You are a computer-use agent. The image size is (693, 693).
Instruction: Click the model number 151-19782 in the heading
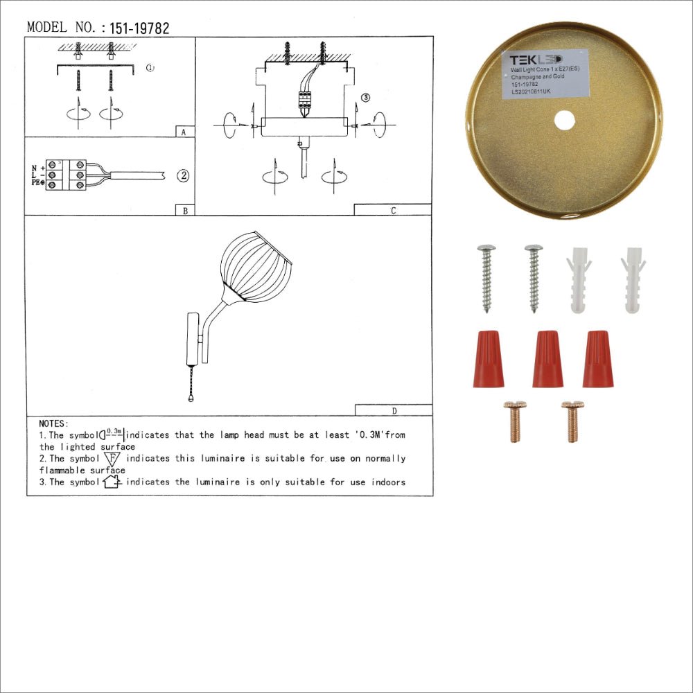[x=139, y=28]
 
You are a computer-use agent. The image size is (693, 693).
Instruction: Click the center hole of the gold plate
[x=564, y=120]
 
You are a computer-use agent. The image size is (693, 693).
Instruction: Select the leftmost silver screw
[x=486, y=277]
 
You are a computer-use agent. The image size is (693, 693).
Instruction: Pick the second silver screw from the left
[x=534, y=277]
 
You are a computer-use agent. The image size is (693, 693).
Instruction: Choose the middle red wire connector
[x=547, y=358]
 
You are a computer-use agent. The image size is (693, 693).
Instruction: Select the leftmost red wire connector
[x=488, y=358]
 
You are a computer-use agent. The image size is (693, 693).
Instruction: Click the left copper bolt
[x=515, y=421]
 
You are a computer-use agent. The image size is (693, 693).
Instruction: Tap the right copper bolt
[x=572, y=421]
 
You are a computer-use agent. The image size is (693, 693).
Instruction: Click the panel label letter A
[x=182, y=132]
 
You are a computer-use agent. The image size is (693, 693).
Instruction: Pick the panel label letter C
[x=393, y=211]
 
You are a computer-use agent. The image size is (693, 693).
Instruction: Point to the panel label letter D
[x=394, y=411]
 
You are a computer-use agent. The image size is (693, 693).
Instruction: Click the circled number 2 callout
[x=182, y=175]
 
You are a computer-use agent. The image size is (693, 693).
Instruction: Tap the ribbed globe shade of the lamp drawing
[x=256, y=267]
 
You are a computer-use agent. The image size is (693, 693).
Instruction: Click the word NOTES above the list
[x=53, y=423]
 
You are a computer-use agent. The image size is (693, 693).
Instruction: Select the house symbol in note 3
[x=112, y=482]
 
